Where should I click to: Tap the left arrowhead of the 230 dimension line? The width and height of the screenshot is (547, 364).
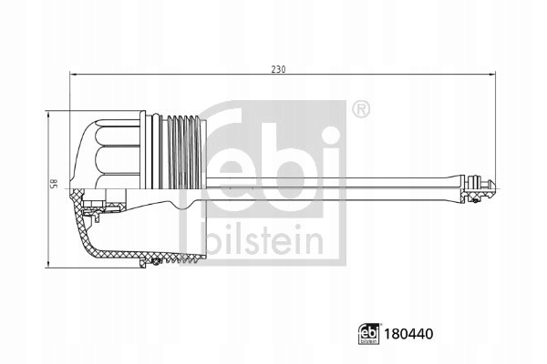tap(72, 76)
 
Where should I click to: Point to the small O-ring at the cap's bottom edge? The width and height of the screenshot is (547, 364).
tap(156, 263)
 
